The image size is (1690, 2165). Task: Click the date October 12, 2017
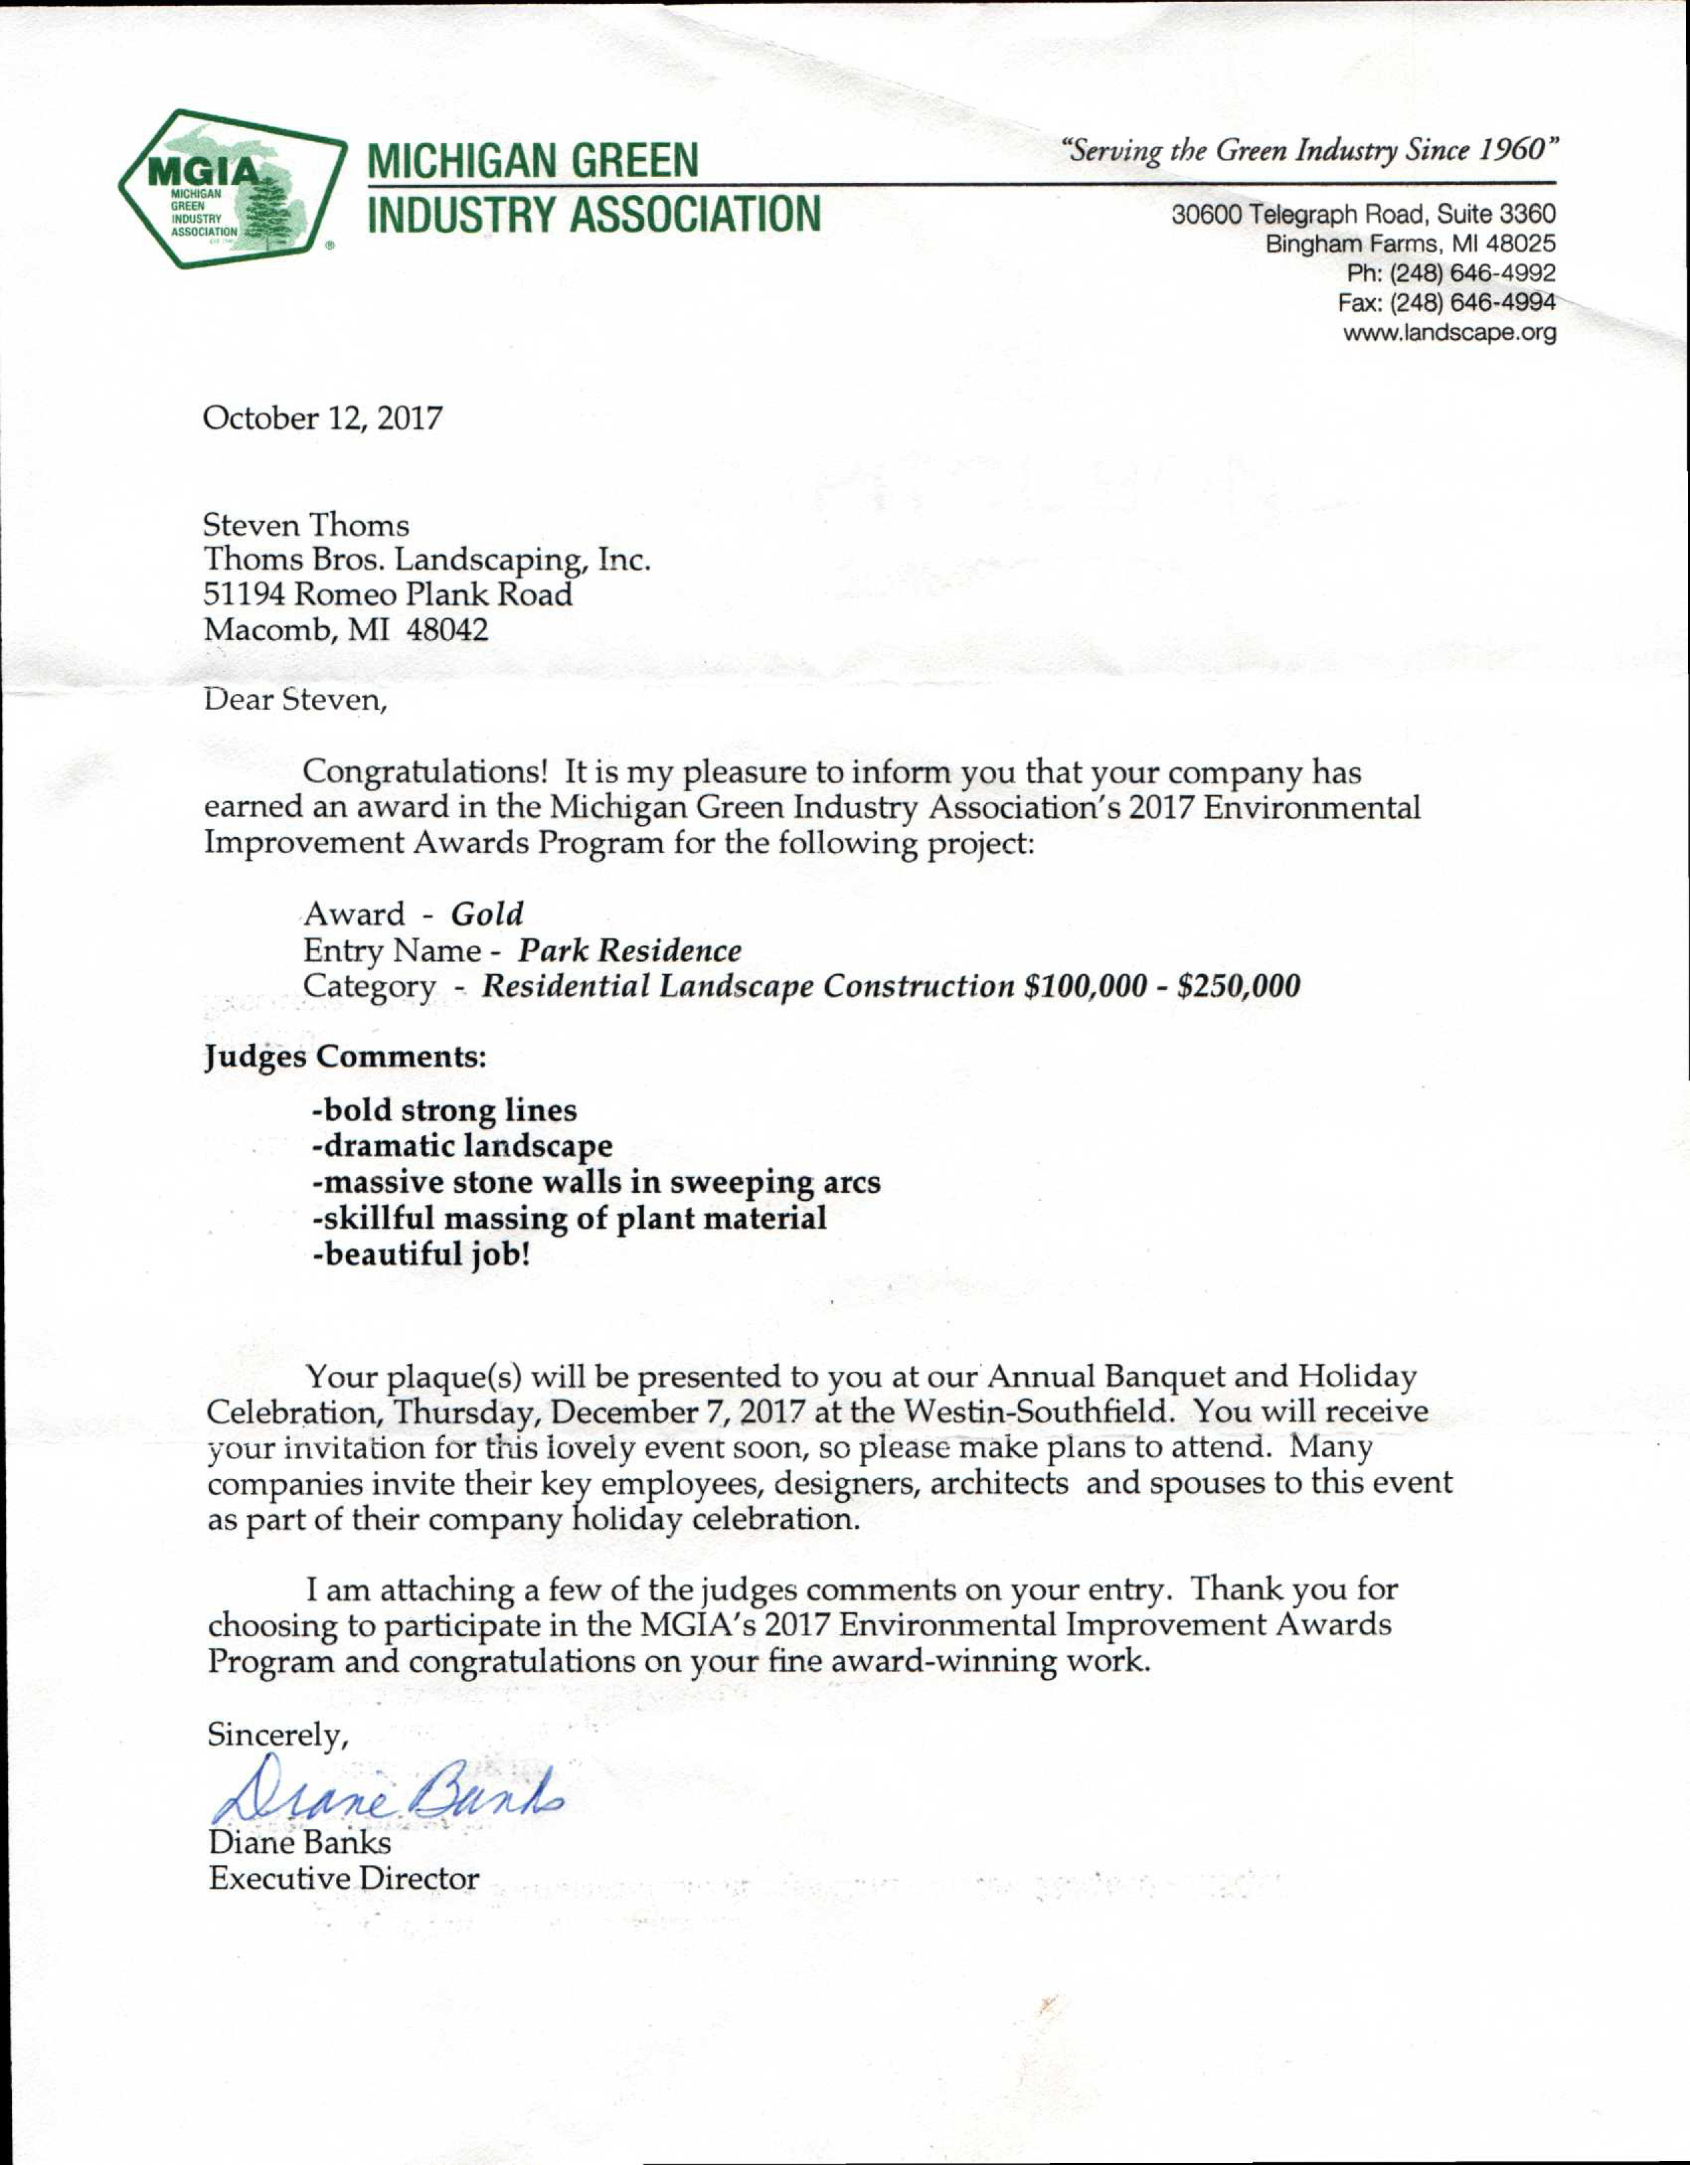pos(322,418)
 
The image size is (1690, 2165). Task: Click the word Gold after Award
pos(486,913)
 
